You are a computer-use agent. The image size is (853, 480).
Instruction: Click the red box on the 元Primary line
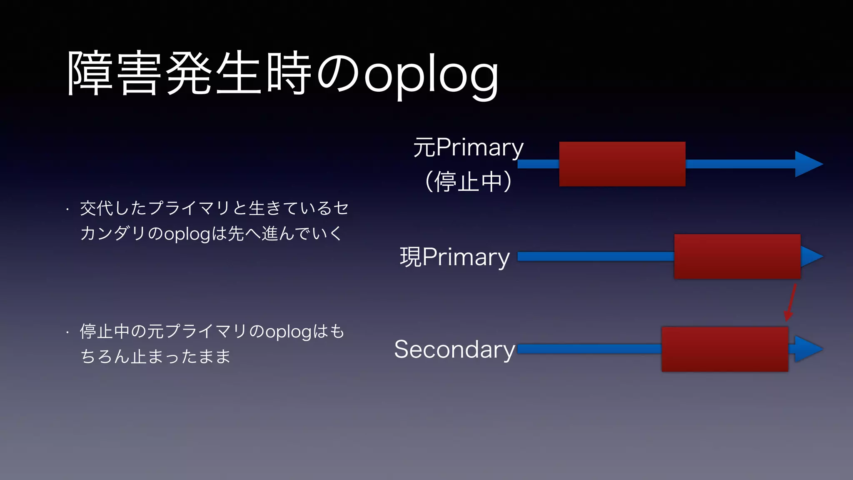622,164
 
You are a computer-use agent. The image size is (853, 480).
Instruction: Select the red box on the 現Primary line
737,256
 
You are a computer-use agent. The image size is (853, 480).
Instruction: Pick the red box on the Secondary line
724,349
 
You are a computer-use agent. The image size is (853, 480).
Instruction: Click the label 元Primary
468,147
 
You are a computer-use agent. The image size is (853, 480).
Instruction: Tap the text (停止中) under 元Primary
468,182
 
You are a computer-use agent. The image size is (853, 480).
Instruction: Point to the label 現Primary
455,257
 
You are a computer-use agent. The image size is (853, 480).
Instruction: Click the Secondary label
455,349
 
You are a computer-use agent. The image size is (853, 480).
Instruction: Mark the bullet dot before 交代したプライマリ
67,210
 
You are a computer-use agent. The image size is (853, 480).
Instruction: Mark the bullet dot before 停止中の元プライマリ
67,333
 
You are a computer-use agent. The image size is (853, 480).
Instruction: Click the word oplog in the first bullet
187,234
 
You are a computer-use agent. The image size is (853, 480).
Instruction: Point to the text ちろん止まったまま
155,357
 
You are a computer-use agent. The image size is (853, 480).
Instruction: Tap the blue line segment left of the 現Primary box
596,256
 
